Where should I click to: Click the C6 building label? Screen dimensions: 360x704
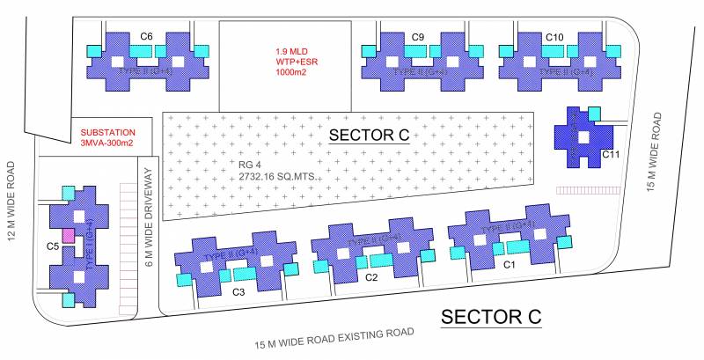tap(147, 36)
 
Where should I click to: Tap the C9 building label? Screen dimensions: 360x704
tap(418, 36)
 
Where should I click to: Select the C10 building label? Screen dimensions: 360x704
tap(554, 36)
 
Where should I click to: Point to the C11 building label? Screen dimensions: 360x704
tap(612, 155)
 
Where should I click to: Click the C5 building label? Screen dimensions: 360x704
tap(53, 246)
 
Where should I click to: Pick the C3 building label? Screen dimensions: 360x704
tap(238, 290)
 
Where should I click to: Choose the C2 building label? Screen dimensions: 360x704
tap(371, 277)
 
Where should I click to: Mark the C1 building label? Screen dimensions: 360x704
tap(509, 264)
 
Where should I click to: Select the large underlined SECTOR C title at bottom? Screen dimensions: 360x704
tap(490, 316)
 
